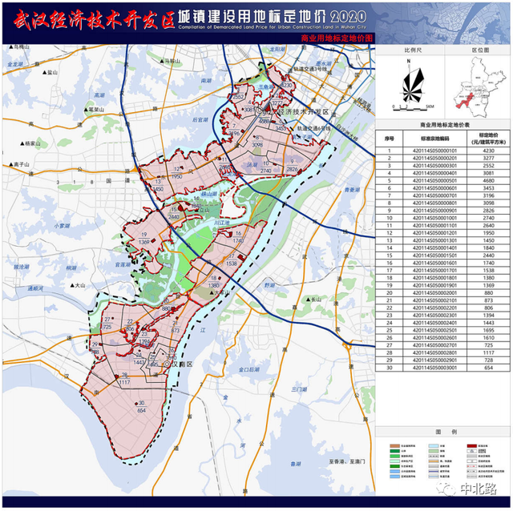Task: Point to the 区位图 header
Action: [479, 50]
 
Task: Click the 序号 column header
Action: [389, 138]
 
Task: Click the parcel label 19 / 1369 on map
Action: [143, 238]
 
